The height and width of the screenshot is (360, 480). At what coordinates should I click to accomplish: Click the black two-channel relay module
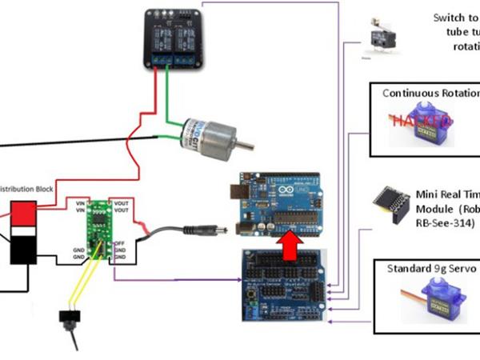click(x=173, y=41)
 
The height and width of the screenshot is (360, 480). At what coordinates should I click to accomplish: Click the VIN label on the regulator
click(x=79, y=205)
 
